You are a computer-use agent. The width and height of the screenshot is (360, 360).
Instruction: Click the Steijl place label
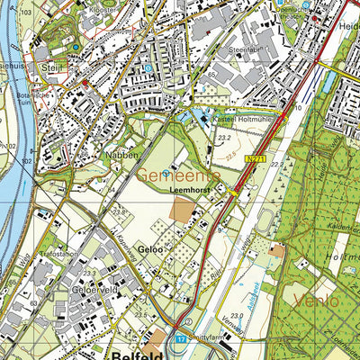click(47, 67)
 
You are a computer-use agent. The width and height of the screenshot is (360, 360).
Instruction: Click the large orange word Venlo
click(311, 299)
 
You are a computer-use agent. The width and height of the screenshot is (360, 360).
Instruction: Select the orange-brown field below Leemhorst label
click(184, 212)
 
